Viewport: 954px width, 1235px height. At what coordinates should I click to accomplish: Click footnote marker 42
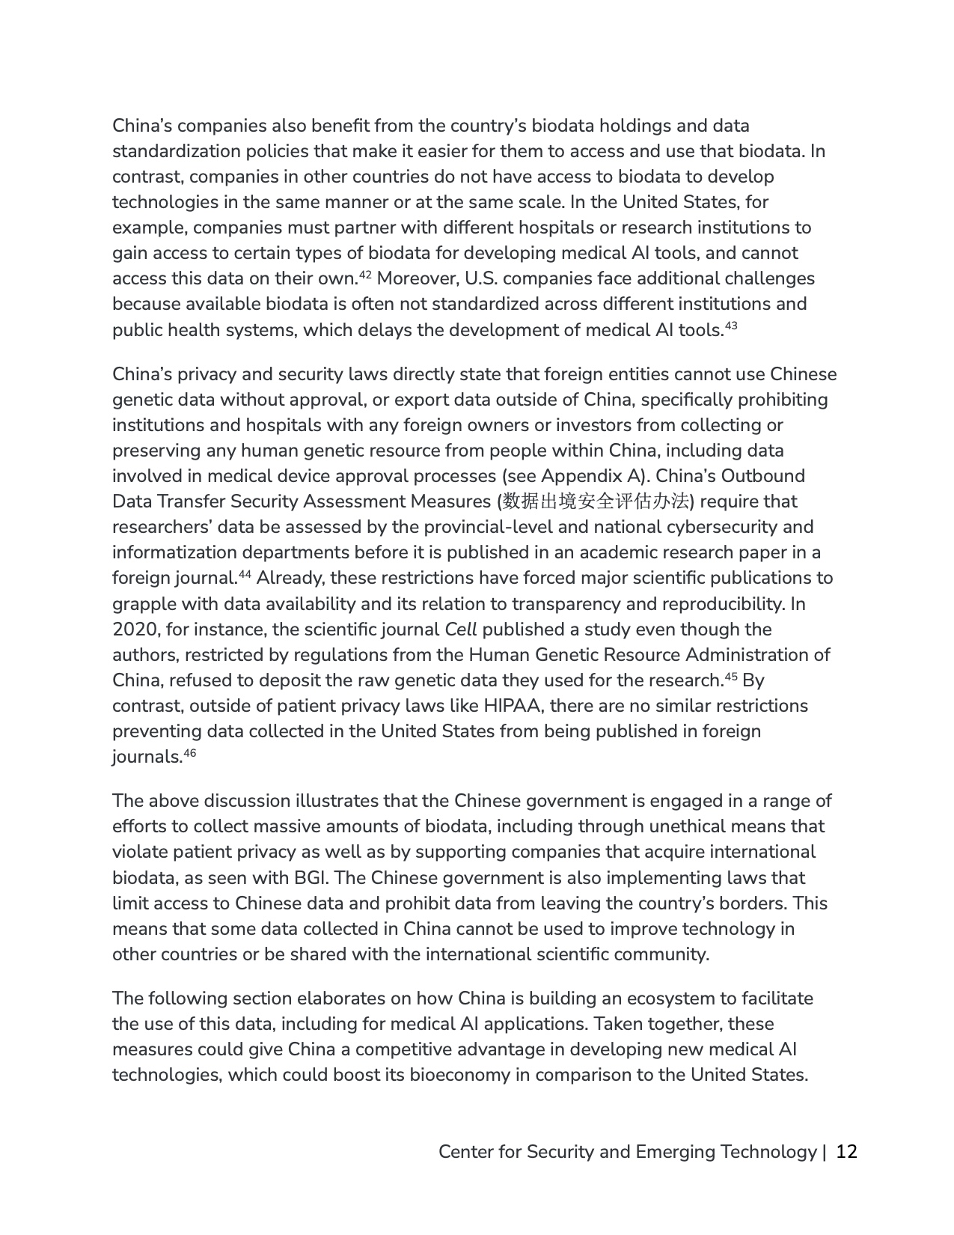[x=365, y=275]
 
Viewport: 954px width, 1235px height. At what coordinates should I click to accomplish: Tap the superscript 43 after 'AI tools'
[x=731, y=326]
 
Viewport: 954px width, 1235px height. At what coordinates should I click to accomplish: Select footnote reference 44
[x=244, y=574]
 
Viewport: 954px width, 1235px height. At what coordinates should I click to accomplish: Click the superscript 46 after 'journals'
[x=189, y=753]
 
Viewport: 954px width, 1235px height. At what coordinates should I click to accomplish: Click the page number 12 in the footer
[x=846, y=1151]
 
